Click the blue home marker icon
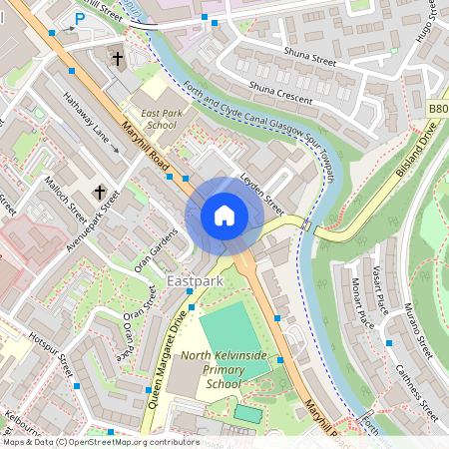[224, 216]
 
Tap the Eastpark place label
[197, 281]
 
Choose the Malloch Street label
[67, 200]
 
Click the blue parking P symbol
[79, 19]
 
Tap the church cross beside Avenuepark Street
[99, 191]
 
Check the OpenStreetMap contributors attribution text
[100, 442]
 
